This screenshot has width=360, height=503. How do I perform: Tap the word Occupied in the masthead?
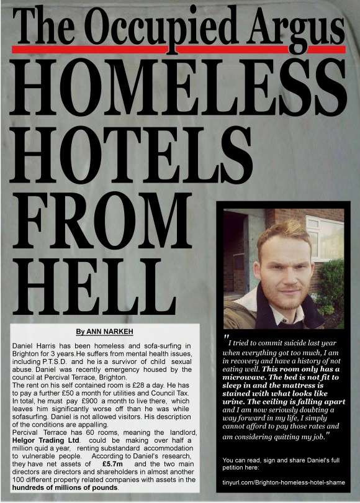[151, 27]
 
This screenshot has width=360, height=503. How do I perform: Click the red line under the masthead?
[180, 48]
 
